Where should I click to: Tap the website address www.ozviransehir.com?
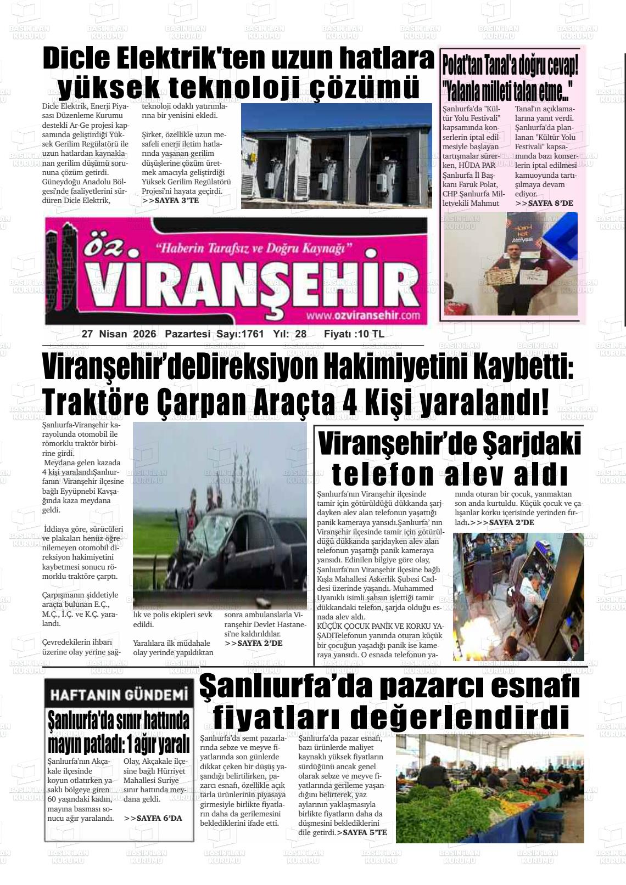363,315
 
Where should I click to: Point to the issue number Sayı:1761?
240,334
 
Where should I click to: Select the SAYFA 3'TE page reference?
170,201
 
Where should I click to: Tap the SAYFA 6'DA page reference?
153,818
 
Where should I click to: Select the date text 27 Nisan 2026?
119,334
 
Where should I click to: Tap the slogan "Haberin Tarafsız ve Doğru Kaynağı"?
254,249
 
